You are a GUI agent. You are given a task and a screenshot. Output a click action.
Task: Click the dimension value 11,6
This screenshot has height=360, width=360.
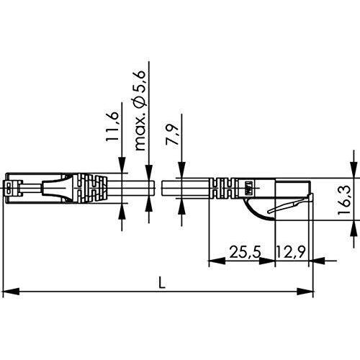pyautogui.click(x=112, y=127)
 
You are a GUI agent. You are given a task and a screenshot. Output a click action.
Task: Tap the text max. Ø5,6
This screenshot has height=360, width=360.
pyautogui.click(x=140, y=110)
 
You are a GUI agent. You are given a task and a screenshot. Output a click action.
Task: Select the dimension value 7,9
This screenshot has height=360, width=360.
pyautogui.click(x=172, y=135)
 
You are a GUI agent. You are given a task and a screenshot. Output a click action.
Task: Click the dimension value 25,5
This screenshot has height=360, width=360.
pyautogui.click(x=245, y=252)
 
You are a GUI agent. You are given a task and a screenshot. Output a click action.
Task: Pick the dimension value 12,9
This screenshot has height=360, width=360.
pyautogui.click(x=291, y=252)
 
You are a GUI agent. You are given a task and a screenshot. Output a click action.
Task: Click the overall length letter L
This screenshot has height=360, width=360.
pyautogui.click(x=163, y=282)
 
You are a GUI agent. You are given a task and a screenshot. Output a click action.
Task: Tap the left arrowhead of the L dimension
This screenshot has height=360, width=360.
pyautogui.click(x=12, y=292)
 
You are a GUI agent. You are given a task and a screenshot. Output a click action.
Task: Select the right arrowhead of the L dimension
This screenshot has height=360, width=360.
pyautogui.click(x=305, y=292)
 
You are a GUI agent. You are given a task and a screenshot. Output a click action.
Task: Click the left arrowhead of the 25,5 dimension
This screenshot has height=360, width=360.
pyautogui.click(x=217, y=261)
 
